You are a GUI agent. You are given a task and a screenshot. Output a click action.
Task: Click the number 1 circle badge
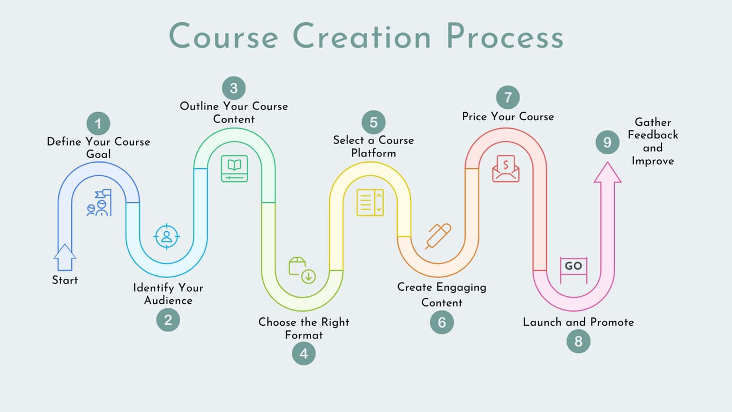pyautogui.click(x=98, y=124)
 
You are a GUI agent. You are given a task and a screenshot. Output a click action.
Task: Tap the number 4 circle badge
pyautogui.click(x=304, y=354)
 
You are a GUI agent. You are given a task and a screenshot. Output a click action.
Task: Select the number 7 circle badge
pyautogui.click(x=508, y=97)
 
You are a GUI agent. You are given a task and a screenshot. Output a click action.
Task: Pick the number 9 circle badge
pyautogui.click(x=607, y=142)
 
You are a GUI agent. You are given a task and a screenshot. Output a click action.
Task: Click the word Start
pyautogui.click(x=65, y=280)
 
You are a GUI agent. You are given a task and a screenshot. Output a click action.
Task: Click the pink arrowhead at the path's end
pyautogui.click(x=607, y=172)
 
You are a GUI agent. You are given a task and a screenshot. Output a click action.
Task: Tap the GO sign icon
pyautogui.click(x=573, y=266)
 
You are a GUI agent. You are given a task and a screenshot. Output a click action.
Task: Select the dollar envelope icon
pyautogui.click(x=505, y=168)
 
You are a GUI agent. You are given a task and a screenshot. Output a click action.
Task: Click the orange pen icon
pyautogui.click(x=438, y=236)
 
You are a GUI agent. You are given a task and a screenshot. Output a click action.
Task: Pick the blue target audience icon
pyautogui.click(x=167, y=235)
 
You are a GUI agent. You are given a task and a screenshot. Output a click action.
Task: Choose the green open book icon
pyautogui.click(x=235, y=168)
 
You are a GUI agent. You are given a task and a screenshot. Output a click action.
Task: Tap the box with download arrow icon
pyautogui.click(x=302, y=270)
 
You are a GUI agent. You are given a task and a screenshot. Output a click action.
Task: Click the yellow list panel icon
pyautogui.click(x=370, y=202)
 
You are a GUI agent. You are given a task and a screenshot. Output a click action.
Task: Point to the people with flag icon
pyautogui.click(x=99, y=202)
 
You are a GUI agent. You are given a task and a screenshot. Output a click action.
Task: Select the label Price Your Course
pyautogui.click(x=508, y=116)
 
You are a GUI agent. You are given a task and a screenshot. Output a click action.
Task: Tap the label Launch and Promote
pyautogui.click(x=578, y=322)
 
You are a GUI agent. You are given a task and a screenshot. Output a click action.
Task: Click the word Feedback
pyautogui.click(x=653, y=135)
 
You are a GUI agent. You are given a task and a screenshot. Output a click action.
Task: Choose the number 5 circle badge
pyautogui.click(x=373, y=122)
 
